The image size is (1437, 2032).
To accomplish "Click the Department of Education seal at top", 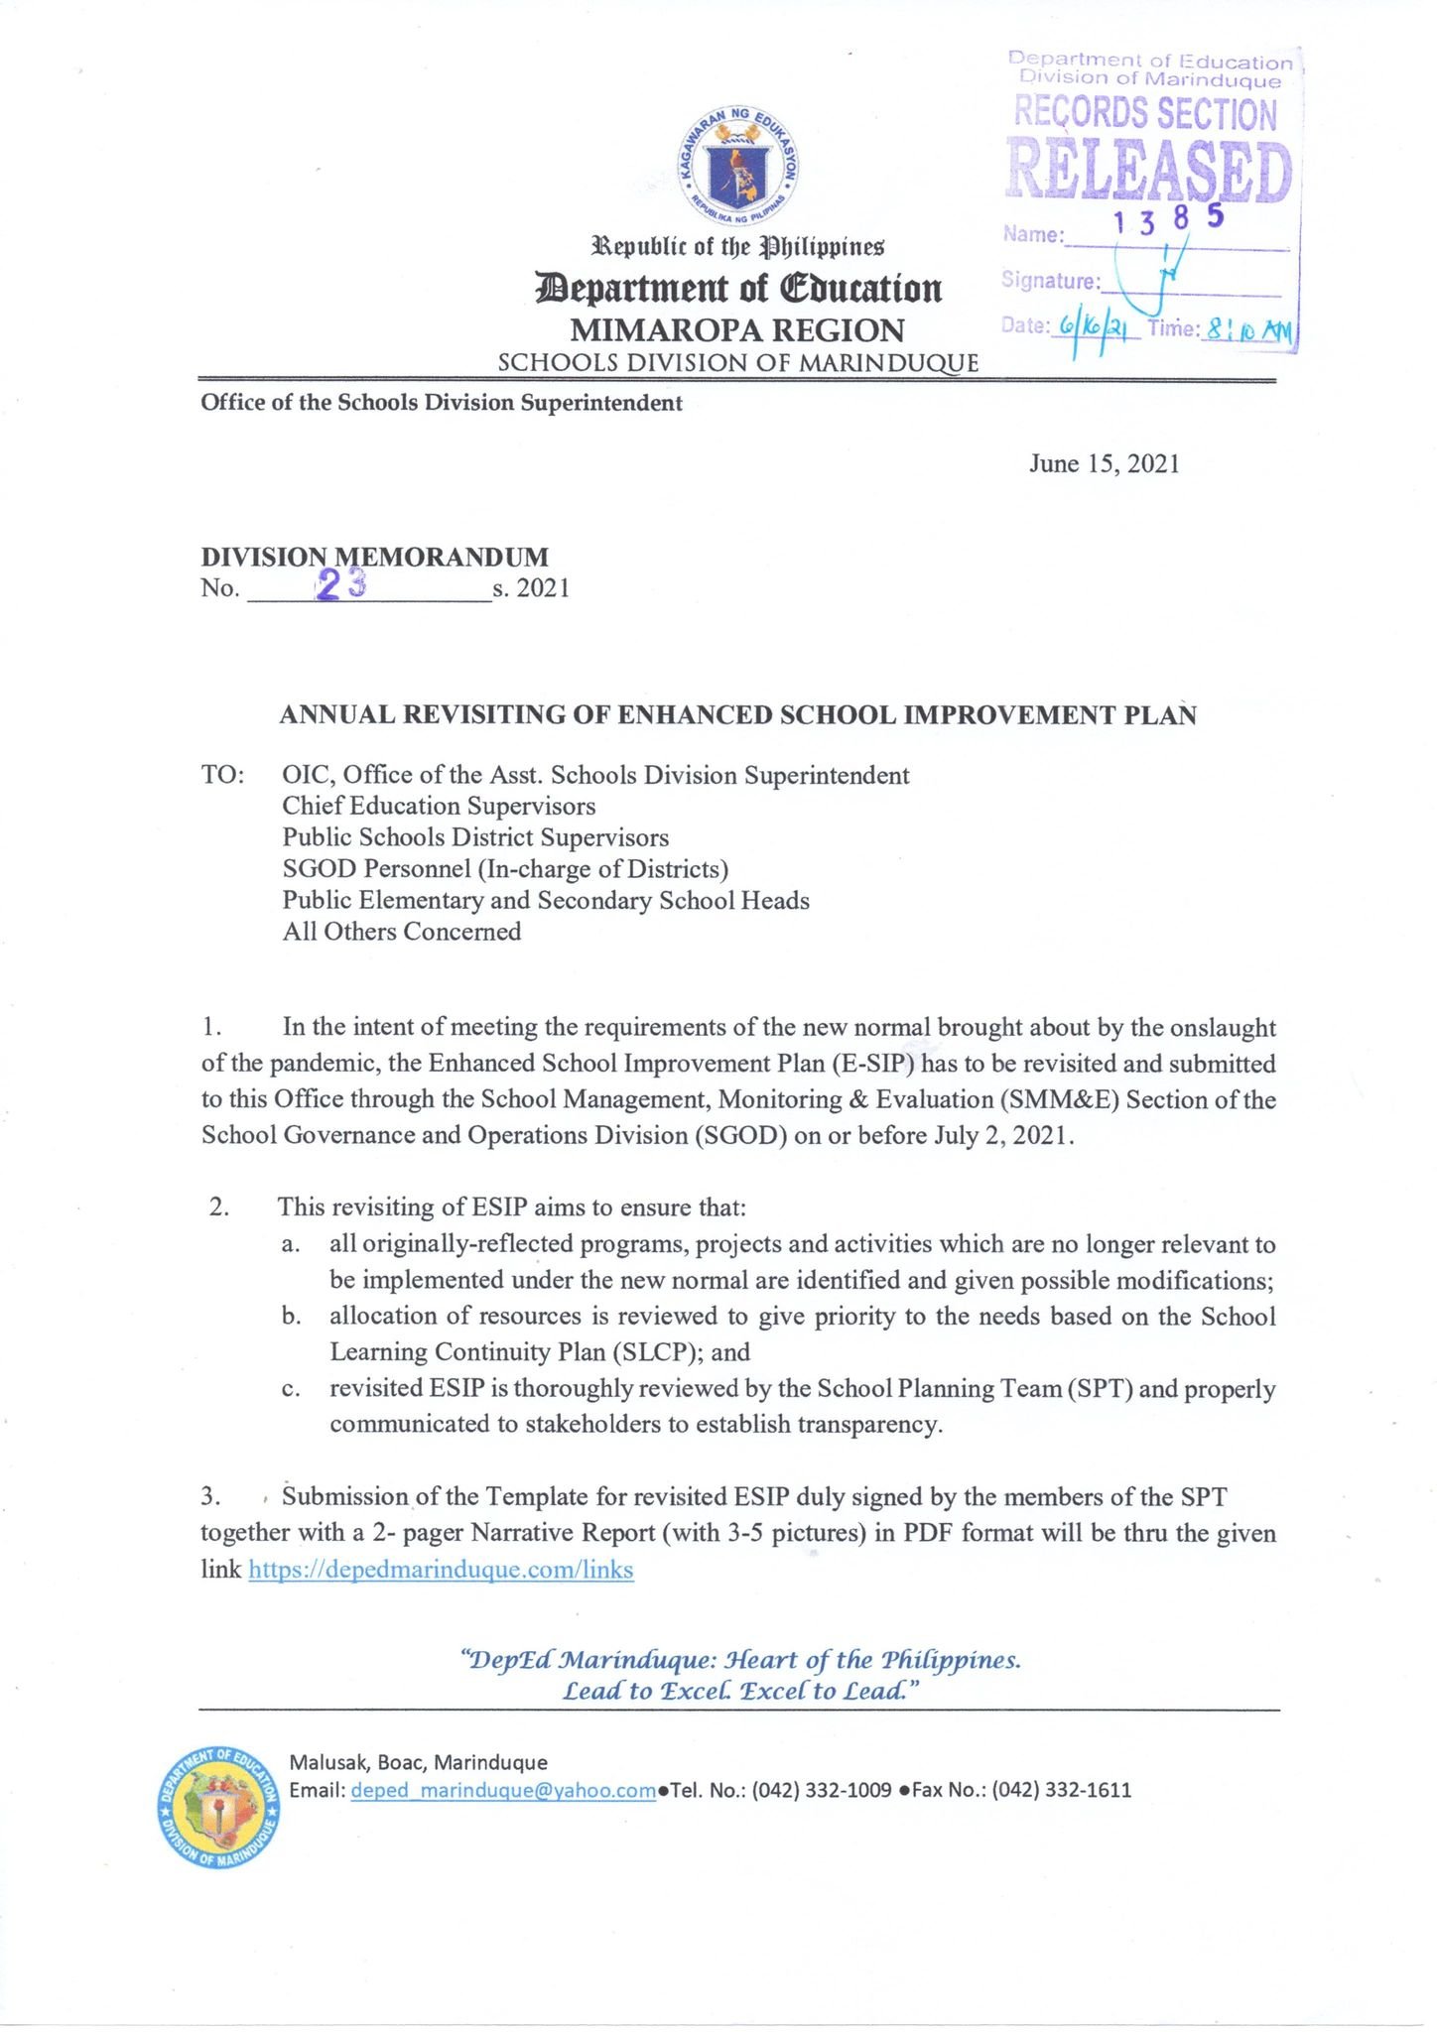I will coord(739,168).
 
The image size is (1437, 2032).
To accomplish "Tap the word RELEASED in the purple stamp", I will coord(1149,171).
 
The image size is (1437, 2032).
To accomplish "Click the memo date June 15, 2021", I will coord(1104,464).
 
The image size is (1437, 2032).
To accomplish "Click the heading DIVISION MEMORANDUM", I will coord(374,557).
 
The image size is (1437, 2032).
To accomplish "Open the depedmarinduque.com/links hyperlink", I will coord(441,1569).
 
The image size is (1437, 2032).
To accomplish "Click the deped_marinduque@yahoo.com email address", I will coord(503,1790).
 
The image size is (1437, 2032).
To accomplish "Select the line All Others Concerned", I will coord(402,932).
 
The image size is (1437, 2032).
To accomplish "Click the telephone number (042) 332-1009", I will coord(822,1790).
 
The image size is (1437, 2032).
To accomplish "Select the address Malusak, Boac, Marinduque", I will coord(418,1762).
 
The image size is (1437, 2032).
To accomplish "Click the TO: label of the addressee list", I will coord(223,775).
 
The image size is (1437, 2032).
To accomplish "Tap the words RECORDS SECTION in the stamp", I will coord(1145,114).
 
